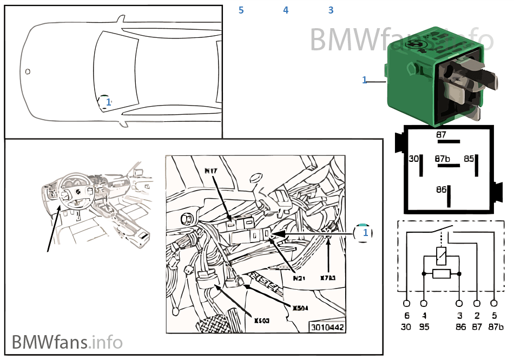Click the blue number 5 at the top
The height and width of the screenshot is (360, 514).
[241, 10]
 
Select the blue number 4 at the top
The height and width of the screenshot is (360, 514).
[286, 10]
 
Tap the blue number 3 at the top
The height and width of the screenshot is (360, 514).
[331, 10]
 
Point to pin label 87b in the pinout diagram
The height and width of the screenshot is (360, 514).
[442, 159]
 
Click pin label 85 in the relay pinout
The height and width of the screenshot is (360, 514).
[469, 159]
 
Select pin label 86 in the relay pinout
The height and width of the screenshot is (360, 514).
[441, 190]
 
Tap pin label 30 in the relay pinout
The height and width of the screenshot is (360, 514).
[413, 159]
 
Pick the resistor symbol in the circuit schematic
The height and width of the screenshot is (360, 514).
[441, 273]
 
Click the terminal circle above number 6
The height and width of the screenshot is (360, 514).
[407, 304]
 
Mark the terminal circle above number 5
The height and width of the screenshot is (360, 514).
[494, 304]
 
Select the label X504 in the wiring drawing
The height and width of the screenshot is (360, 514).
[300, 308]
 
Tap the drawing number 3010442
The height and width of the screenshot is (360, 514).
[326, 328]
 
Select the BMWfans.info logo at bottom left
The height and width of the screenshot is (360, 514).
[67, 342]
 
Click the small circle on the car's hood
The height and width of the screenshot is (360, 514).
[28, 71]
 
